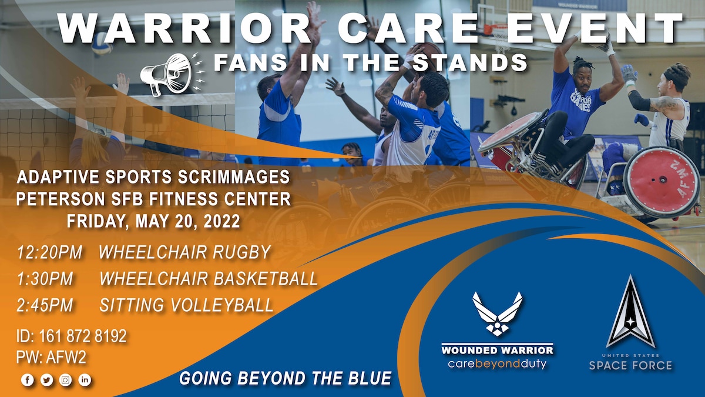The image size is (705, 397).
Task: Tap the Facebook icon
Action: [x=28, y=380]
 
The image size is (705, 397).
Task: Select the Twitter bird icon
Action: [x=46, y=380]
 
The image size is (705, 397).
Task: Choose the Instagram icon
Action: [x=65, y=380]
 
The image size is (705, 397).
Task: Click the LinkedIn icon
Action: [x=85, y=380]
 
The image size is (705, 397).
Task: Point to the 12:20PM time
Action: [x=49, y=252]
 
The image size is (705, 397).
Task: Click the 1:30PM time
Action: [x=45, y=279]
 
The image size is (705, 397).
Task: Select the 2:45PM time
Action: [x=45, y=305]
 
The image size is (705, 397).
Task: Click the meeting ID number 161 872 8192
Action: [x=83, y=336]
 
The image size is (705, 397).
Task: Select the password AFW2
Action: [x=66, y=358]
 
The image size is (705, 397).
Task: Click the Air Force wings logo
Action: [x=497, y=314]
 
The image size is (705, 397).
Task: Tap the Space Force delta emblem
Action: [x=630, y=311]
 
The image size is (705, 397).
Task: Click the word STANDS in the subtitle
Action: [x=470, y=62]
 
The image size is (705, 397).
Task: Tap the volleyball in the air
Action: [x=102, y=43]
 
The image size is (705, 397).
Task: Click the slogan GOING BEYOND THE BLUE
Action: [x=286, y=378]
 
